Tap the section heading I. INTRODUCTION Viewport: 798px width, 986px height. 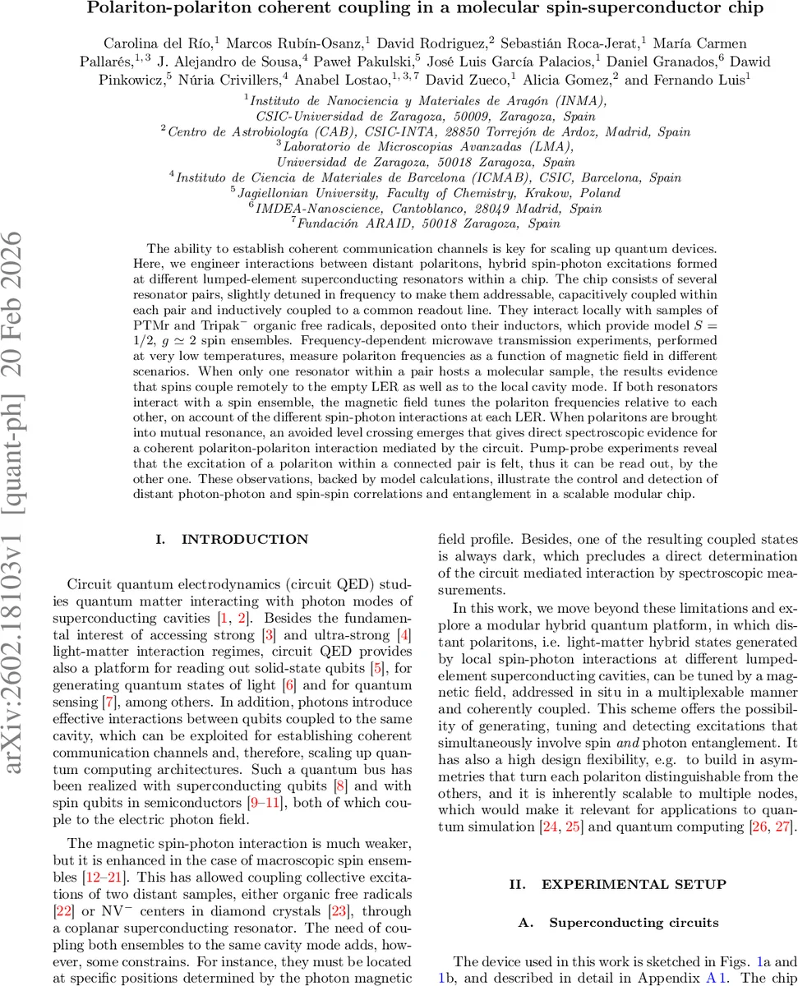tap(232, 540)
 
